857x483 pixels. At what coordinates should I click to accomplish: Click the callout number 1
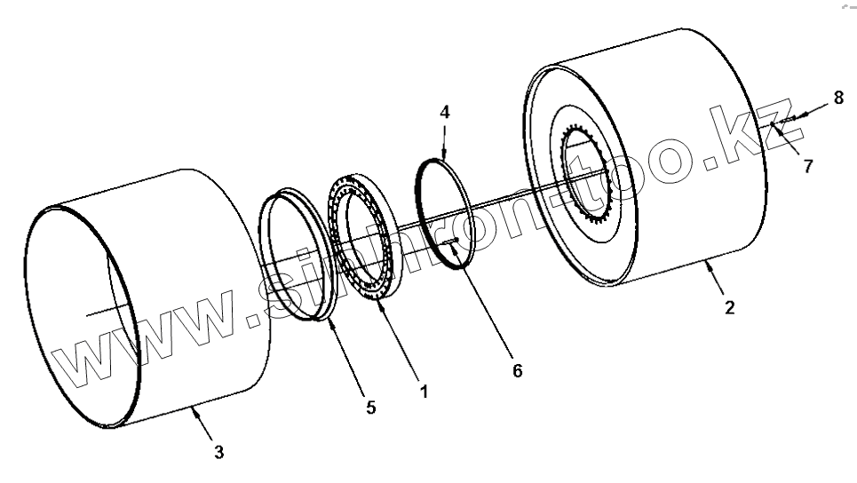(x=424, y=391)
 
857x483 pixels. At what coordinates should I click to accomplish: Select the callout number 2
(x=729, y=308)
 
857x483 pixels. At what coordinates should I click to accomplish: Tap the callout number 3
(x=218, y=452)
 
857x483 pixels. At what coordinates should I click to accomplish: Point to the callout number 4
(x=445, y=112)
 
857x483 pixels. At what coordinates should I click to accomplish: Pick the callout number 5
(x=371, y=408)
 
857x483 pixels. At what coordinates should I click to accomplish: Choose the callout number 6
(x=517, y=371)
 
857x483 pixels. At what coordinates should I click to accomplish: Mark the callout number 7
(x=807, y=166)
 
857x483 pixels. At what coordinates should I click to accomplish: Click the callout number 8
(x=837, y=98)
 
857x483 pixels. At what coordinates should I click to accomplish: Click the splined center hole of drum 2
(x=591, y=178)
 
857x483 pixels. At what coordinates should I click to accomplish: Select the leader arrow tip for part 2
(x=708, y=261)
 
